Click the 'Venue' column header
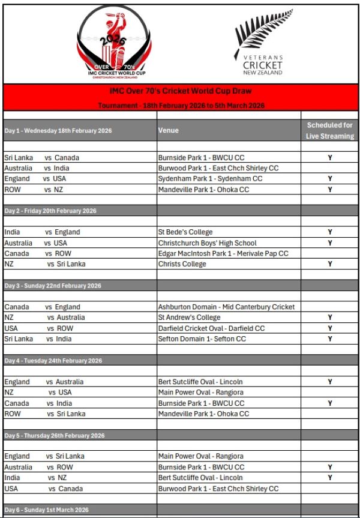click(x=169, y=130)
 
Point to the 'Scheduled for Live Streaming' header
click(x=329, y=130)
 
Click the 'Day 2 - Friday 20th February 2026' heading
click(x=50, y=211)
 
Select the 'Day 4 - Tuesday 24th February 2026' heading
click(x=53, y=361)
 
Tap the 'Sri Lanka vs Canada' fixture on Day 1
click(x=42, y=158)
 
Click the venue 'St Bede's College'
click(x=185, y=232)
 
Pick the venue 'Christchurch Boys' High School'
click(x=207, y=243)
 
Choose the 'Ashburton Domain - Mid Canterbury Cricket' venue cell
click(x=226, y=307)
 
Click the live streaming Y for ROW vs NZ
click(x=329, y=190)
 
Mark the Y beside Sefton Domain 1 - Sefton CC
click(x=329, y=339)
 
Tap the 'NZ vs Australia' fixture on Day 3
click(x=45, y=318)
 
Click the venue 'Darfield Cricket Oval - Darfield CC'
click(x=211, y=328)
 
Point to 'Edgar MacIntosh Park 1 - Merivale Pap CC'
click(x=223, y=253)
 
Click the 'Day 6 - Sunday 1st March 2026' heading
click(x=47, y=510)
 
